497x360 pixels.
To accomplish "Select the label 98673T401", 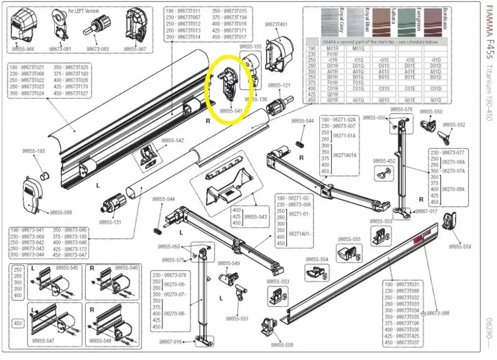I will tap(276, 24).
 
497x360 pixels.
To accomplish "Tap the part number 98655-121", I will tap(279, 85).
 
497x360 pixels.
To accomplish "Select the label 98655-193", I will tap(33, 151).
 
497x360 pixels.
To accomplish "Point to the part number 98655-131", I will tap(109, 221).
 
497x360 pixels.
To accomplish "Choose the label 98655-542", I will tap(173, 141).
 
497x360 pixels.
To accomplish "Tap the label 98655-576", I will tap(401, 109).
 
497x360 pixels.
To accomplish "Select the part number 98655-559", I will tap(460, 247).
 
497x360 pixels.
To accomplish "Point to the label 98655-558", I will tap(282, 346).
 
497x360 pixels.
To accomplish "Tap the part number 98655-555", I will tap(350, 239).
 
